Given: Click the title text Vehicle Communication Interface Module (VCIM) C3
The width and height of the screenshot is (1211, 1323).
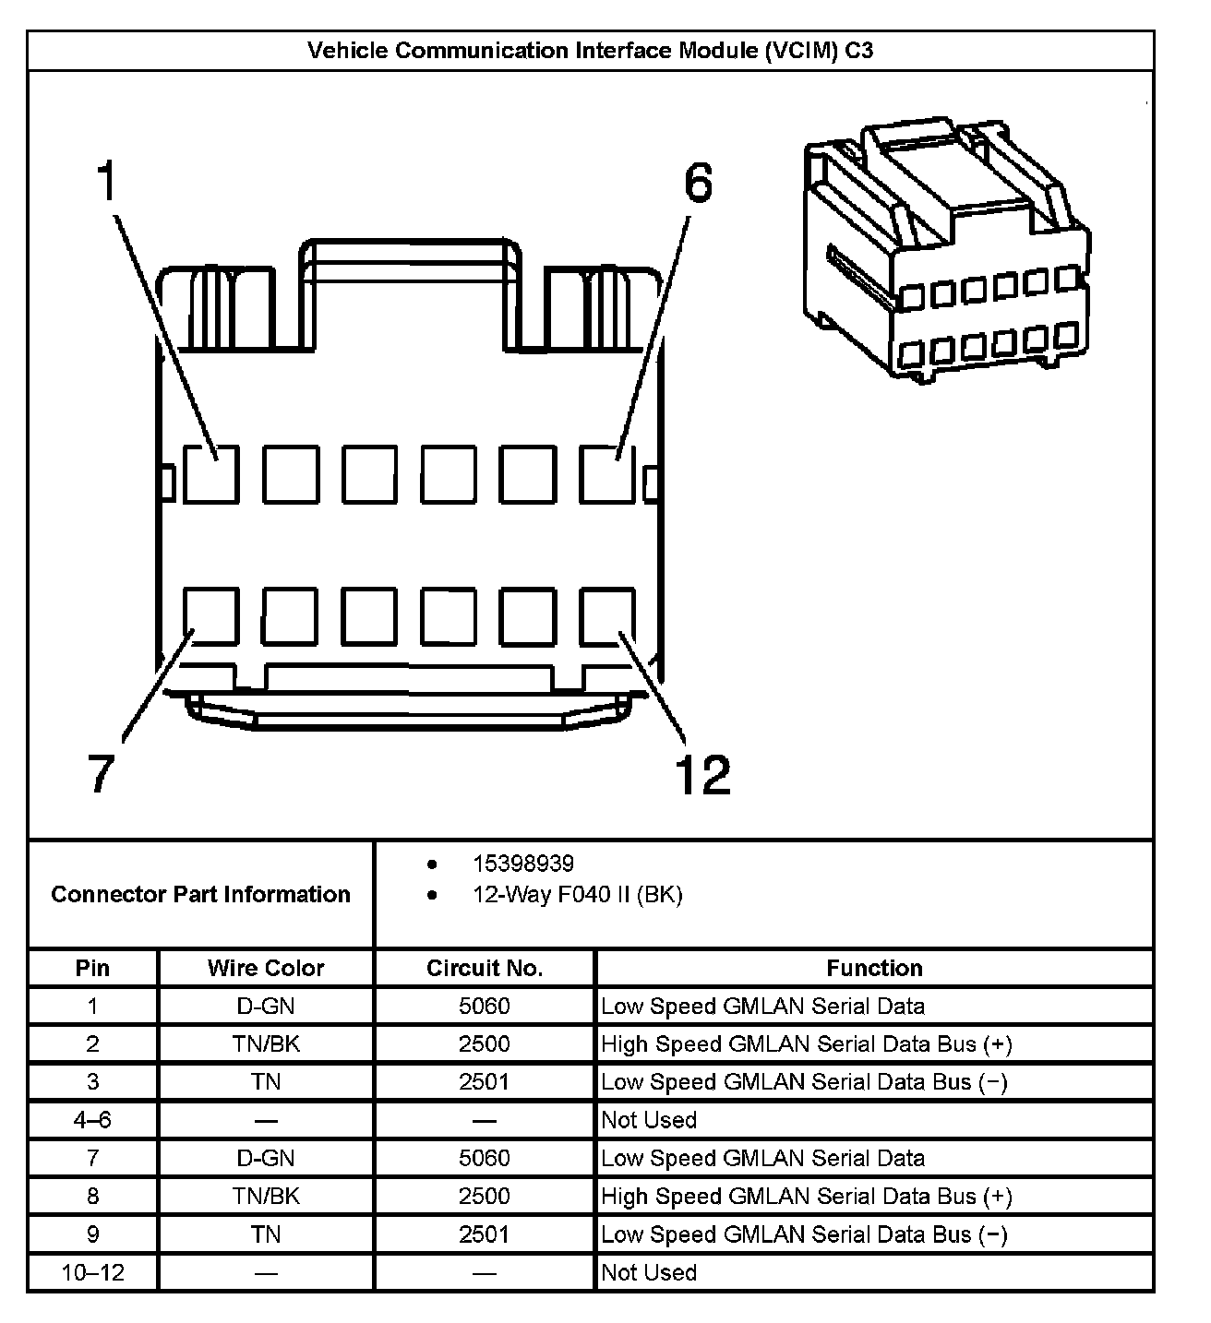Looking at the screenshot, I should pos(590,51).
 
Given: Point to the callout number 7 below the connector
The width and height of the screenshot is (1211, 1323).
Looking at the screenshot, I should pos(101,773).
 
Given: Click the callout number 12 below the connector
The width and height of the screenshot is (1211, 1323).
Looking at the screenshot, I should pos(702,775).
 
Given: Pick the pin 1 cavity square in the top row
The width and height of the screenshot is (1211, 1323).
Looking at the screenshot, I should pos(210,474).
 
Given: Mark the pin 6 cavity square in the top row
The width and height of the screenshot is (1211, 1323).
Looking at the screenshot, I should pos(607,474).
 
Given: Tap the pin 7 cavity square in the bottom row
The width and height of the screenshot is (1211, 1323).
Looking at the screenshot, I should pos(210,615).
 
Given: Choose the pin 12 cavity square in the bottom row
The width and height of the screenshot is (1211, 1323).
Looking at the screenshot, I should pos(607,615).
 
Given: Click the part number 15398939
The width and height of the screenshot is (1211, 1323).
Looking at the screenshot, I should pos(522,864).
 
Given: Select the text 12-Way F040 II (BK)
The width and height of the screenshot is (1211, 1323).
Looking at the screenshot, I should pos(577,895).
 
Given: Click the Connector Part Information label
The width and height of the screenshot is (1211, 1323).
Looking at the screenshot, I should pos(200,894).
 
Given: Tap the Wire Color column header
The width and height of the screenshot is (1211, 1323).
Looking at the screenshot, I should pos(266,968).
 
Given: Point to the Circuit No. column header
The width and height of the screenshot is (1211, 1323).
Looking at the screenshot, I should pos(485,968).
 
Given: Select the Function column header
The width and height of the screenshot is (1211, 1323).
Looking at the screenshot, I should pos(874,968).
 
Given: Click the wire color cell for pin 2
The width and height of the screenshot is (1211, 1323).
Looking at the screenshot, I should pos(266,1044).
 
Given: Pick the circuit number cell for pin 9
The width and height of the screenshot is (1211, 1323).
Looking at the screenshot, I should pos(485,1234).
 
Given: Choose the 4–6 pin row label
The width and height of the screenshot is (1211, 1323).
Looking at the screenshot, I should pos(92,1120).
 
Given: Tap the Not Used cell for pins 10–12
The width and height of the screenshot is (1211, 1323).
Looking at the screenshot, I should pos(649,1273).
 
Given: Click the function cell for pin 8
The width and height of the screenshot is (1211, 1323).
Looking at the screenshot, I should pos(806,1197).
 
